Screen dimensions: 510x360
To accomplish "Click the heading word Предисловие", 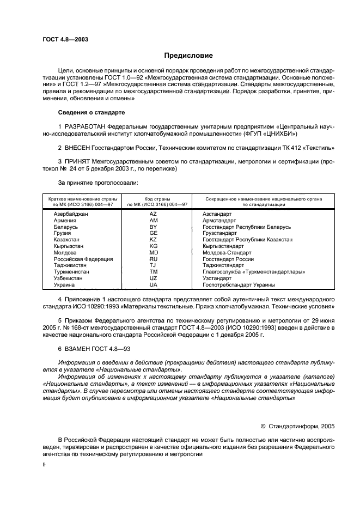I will tap(188, 56).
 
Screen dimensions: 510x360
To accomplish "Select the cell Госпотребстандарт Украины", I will tap(238, 284).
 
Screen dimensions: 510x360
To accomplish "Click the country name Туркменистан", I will tap(71, 271).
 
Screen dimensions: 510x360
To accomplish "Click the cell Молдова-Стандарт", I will tap(227, 252).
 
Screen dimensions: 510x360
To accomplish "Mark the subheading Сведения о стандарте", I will tap(91, 112).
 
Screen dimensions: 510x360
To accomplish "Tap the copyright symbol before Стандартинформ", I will tap(263, 427).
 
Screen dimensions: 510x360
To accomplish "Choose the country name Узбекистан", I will tap(68, 278).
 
